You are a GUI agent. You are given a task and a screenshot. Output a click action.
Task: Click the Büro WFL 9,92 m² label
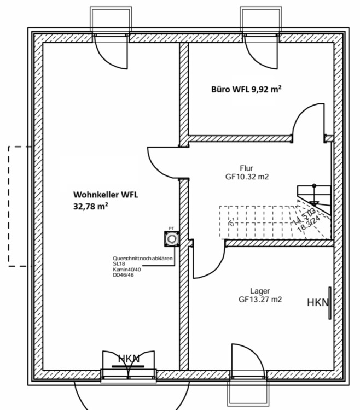click(246, 89)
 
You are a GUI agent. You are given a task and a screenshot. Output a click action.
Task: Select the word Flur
click(246, 168)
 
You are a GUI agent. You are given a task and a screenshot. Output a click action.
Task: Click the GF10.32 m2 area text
click(246, 177)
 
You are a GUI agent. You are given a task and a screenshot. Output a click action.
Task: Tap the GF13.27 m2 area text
click(260, 300)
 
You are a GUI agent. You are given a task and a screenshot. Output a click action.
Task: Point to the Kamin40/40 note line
click(127, 270)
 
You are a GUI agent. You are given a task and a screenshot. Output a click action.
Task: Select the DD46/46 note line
click(124, 275)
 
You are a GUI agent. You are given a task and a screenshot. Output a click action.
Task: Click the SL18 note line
click(119, 263)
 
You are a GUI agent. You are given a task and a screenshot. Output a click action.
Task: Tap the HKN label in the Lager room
click(317, 302)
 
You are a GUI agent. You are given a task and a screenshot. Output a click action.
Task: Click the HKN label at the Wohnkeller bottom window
click(129, 359)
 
